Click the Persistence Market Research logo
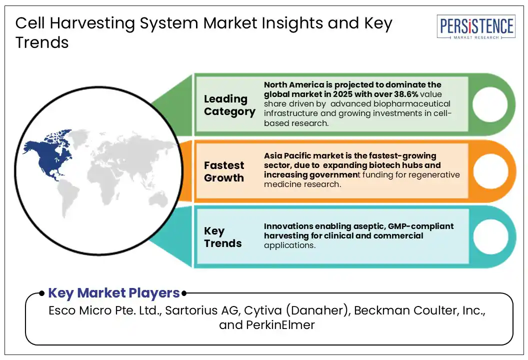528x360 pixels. [475, 27]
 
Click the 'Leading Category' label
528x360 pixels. [229, 105]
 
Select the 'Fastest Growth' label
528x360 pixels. [224, 171]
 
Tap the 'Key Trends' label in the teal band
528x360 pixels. [222, 237]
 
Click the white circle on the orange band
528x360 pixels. [490, 171]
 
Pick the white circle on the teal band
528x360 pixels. [490, 237]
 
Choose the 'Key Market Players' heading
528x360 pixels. [113, 293]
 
